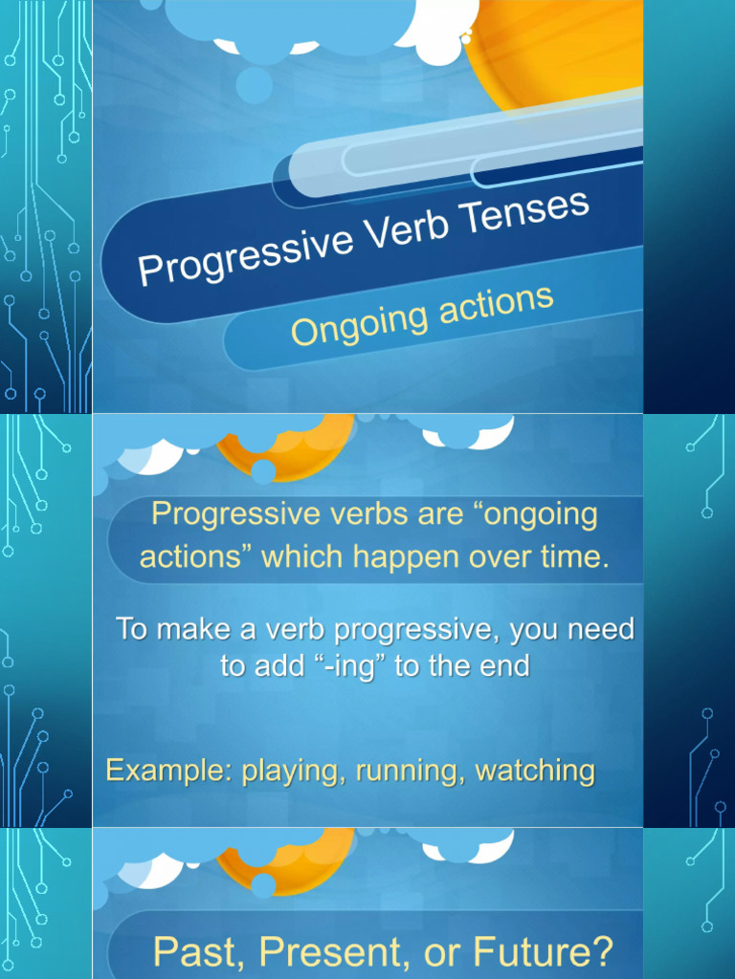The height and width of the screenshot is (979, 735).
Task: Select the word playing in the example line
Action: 294,771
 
